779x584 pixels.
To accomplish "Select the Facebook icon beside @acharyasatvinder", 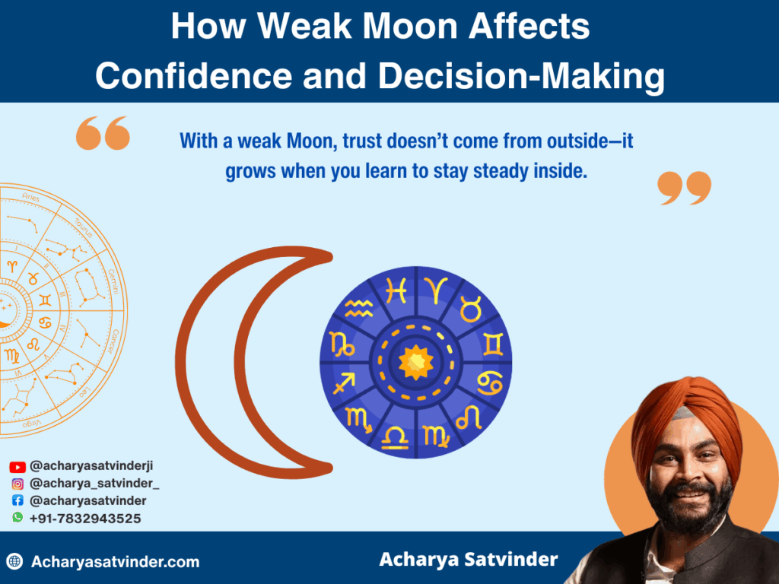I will (17, 500).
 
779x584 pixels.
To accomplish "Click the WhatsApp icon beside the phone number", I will (17, 517).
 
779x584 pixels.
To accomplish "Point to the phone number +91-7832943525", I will (85, 518).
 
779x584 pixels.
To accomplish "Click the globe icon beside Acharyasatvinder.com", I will (14, 562).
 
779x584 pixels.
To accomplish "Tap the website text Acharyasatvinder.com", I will (116, 562).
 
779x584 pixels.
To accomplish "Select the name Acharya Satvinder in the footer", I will (469, 560).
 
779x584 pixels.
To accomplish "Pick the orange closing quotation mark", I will (684, 188).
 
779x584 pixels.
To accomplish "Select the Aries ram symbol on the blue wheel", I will (436, 290).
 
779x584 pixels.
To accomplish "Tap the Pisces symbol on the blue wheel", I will (396, 290).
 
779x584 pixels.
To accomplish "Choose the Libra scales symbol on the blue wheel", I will (395, 434).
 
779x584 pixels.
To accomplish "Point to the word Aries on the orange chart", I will (30, 198).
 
